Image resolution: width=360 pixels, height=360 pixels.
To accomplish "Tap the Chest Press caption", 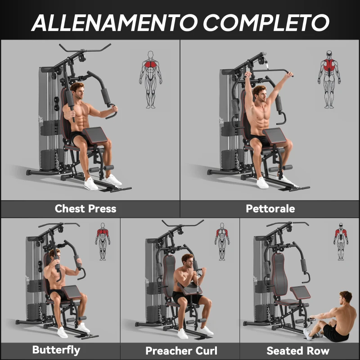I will (x=85, y=209).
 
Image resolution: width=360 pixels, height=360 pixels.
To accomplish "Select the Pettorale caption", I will (x=270, y=209).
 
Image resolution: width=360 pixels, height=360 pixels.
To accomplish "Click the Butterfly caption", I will (x=56, y=350).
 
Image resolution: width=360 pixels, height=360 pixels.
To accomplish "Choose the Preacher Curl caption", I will (x=181, y=351).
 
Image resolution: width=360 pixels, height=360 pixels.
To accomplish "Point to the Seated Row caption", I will (x=298, y=351).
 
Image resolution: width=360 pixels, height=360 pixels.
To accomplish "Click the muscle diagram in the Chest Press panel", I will (x=150, y=79).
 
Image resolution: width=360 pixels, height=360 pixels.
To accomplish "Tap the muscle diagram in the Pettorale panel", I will (x=330, y=79).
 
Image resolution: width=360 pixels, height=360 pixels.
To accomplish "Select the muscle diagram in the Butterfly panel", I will (x=103, y=241).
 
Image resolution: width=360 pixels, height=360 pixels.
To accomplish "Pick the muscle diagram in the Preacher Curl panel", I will (x=222, y=241).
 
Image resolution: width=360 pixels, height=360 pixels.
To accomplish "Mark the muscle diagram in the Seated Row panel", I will (x=341, y=241).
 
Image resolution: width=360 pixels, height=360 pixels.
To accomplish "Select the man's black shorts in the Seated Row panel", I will (x=335, y=333).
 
